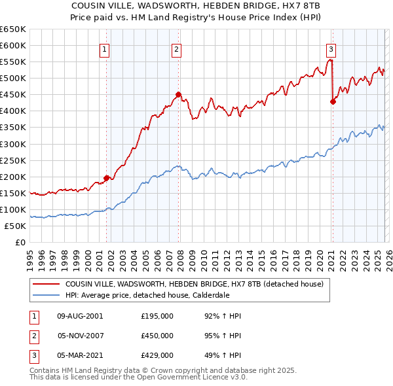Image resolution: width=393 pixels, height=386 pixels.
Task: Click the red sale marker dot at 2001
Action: pos(106,178)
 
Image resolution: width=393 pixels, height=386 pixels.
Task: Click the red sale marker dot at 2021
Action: pos(333,101)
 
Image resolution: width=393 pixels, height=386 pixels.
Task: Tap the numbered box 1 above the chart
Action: pos(105,48)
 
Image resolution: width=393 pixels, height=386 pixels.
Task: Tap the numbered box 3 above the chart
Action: pos(331,48)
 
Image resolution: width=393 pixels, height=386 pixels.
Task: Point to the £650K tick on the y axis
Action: pos(13,29)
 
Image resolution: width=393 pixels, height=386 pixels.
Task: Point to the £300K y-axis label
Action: pos(13,144)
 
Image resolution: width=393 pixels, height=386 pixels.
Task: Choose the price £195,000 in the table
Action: pos(157,316)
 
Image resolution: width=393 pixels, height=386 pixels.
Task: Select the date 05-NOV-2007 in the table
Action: pos(80,336)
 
